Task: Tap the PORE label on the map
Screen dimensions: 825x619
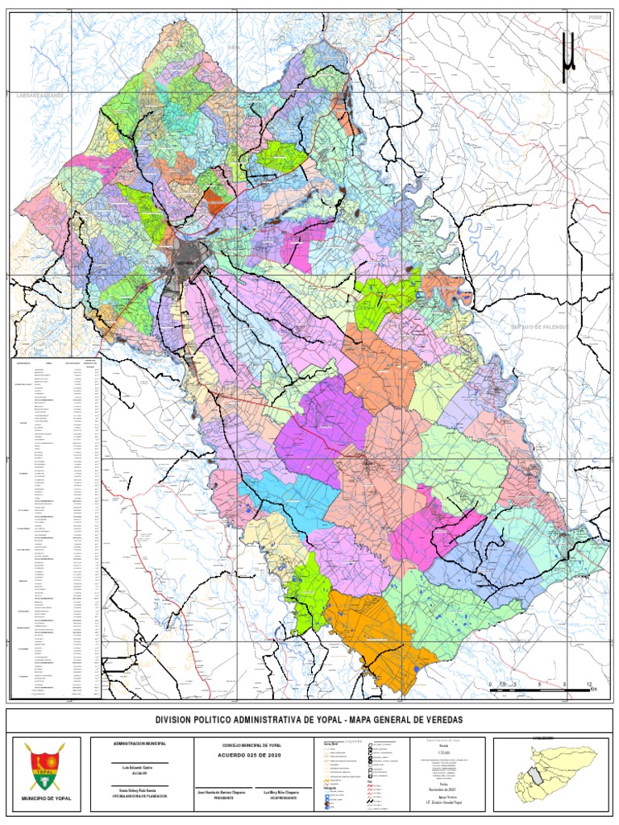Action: tap(596, 15)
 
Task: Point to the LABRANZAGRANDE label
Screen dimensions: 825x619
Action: tap(44, 95)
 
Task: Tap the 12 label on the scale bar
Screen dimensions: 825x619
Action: tap(591, 684)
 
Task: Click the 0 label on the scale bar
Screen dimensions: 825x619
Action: tap(490, 684)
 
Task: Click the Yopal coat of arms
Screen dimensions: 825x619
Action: tap(44, 766)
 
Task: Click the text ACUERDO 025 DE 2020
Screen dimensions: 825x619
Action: tap(252, 757)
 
